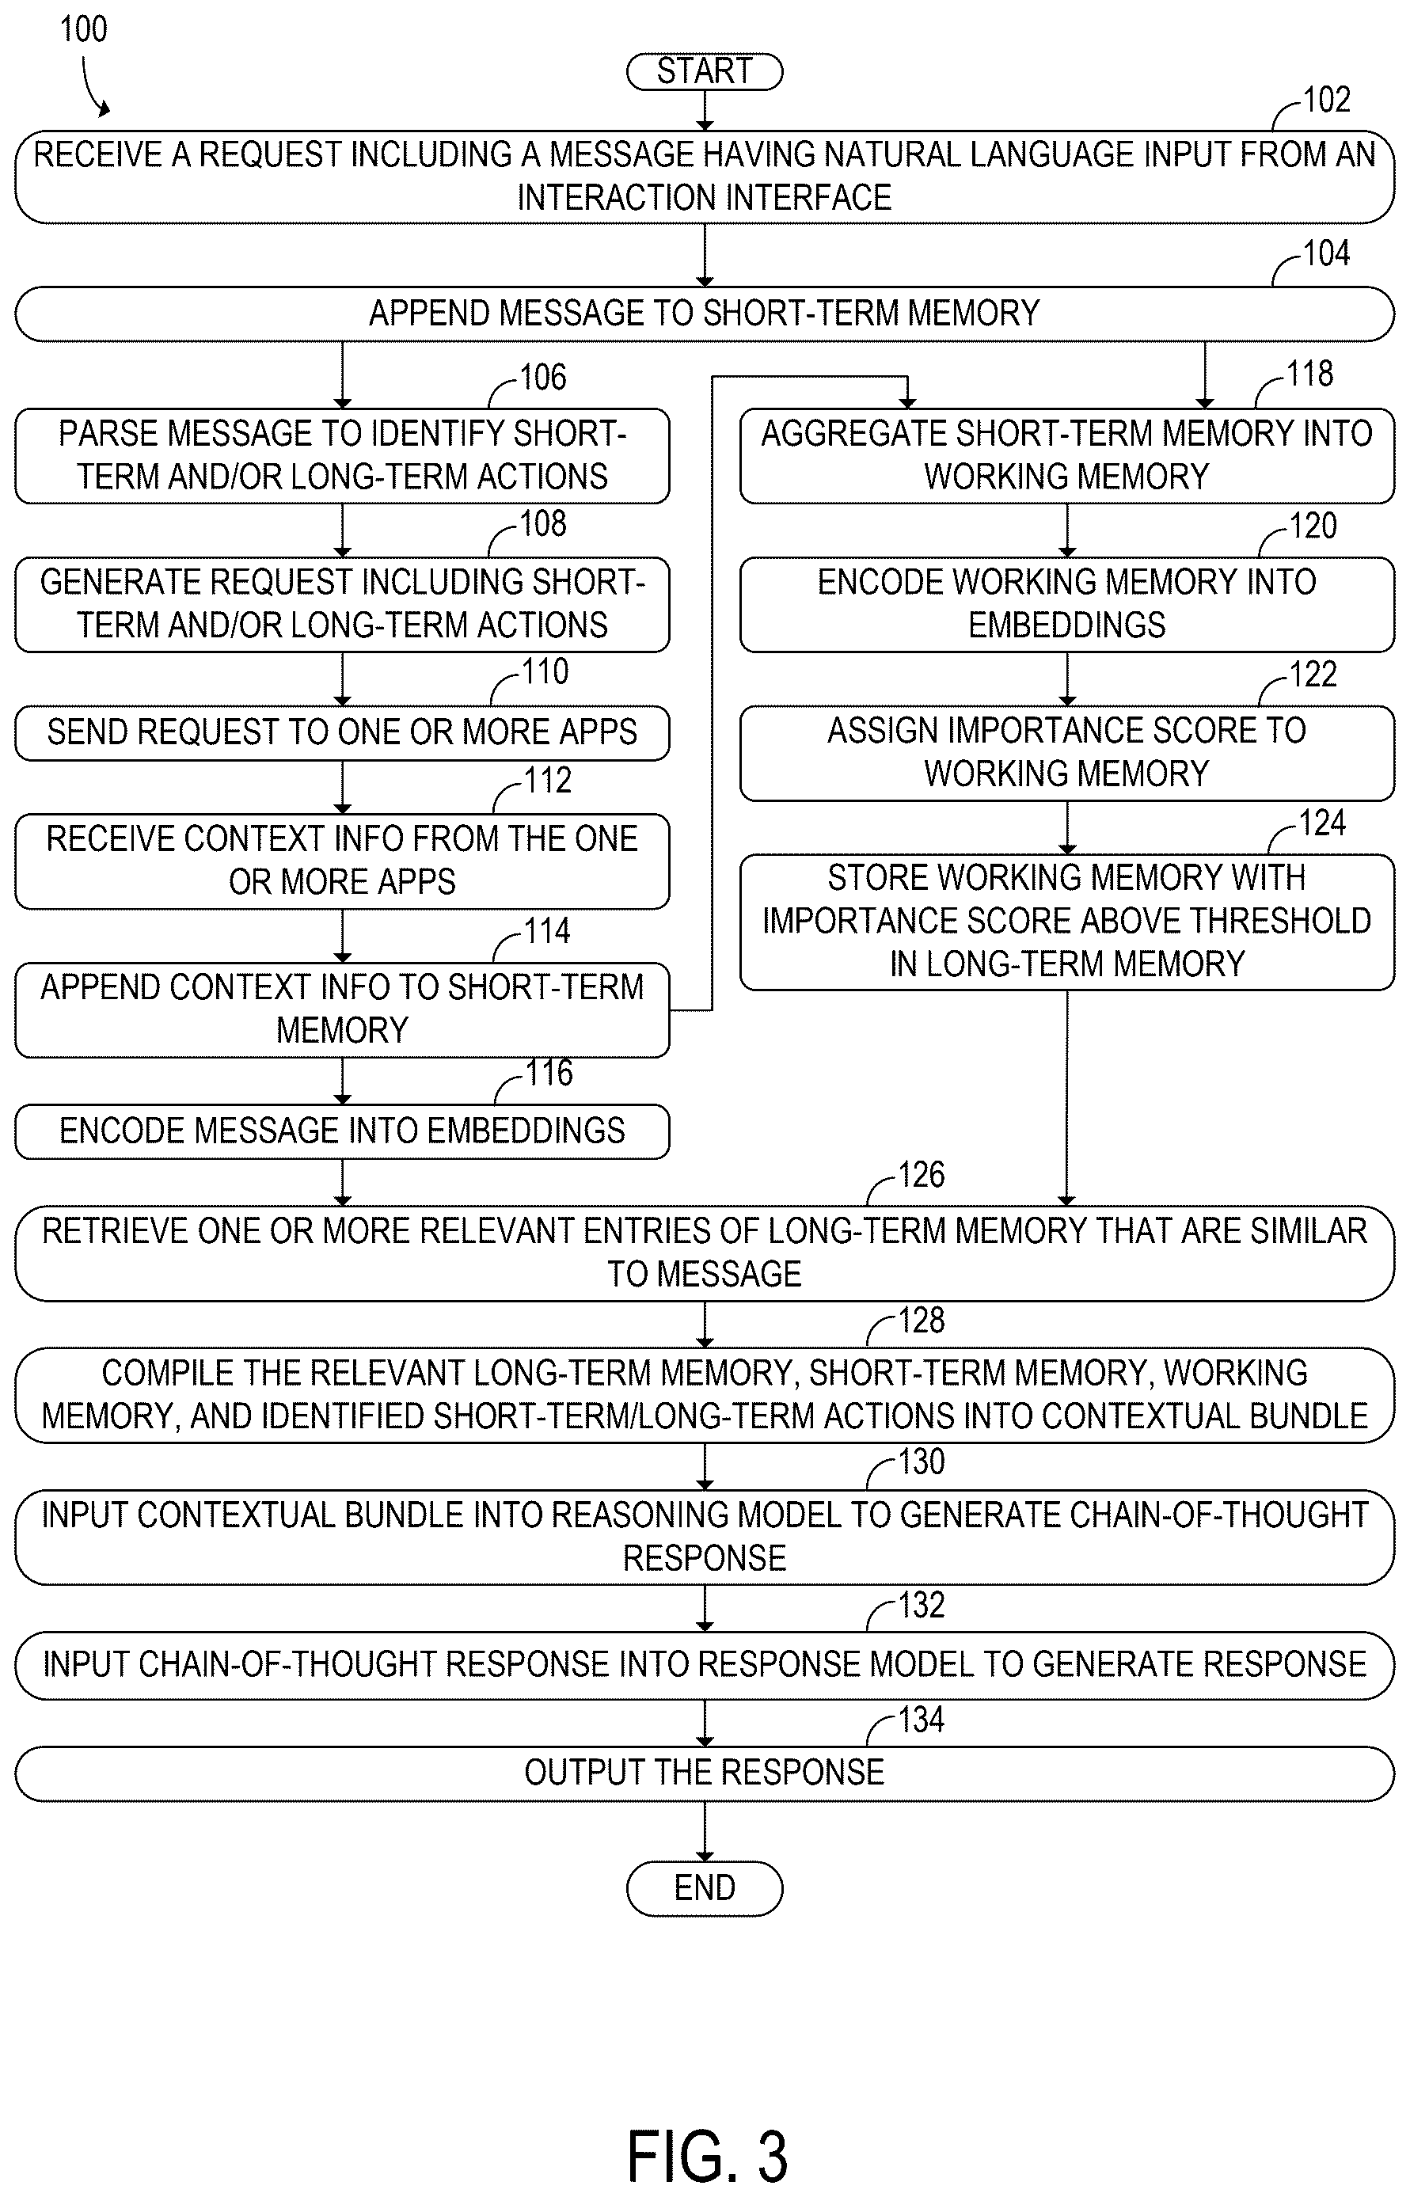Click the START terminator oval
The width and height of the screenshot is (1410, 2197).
click(704, 71)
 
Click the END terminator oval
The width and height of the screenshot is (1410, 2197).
click(704, 1887)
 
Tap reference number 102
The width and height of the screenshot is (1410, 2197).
click(1326, 100)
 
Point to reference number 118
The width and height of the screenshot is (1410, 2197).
click(1309, 374)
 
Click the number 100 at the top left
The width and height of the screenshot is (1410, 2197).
click(83, 29)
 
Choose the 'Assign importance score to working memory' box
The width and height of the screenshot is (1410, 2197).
click(1066, 752)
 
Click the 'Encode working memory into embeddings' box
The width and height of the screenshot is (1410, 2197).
click(1066, 604)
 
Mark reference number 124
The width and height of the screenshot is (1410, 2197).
click(1322, 823)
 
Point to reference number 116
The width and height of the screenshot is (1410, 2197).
click(549, 1073)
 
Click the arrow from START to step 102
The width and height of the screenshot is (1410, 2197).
click(704, 111)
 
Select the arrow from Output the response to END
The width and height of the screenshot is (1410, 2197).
click(704, 1830)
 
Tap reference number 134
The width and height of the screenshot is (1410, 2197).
click(921, 1719)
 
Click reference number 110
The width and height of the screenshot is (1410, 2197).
click(545, 672)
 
